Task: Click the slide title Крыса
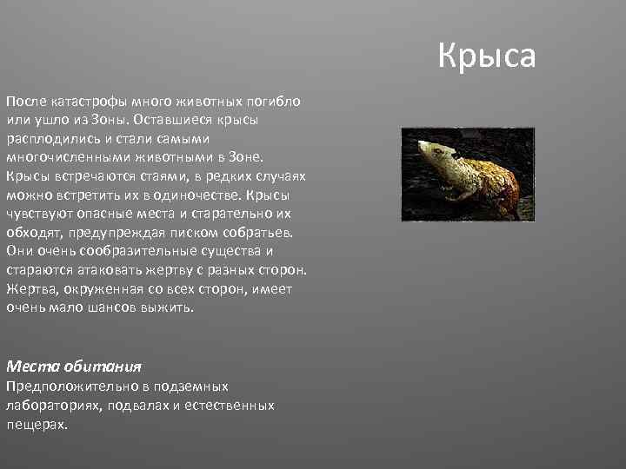click(x=487, y=56)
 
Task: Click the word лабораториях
click(x=51, y=405)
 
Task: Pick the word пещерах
click(x=36, y=425)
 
